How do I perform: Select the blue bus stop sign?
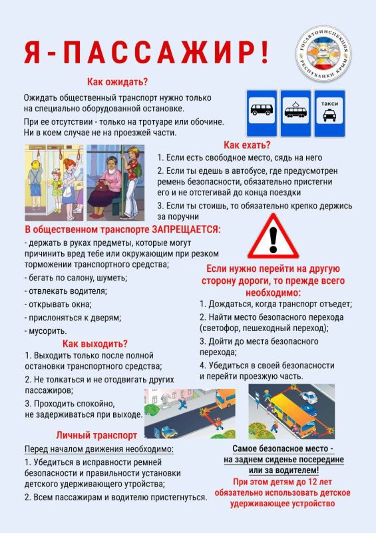[x=260, y=113]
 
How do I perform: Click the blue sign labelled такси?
[x=329, y=113]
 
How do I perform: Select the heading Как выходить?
[x=94, y=344]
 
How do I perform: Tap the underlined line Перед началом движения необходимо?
[x=98, y=448]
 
